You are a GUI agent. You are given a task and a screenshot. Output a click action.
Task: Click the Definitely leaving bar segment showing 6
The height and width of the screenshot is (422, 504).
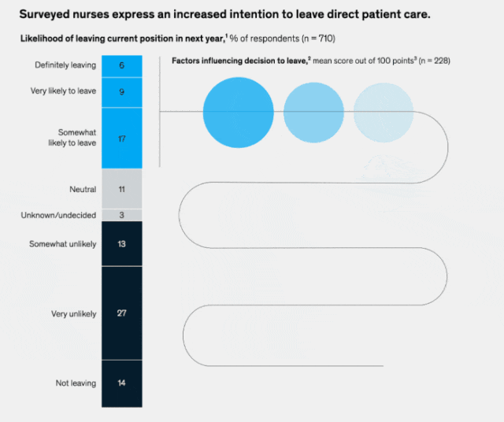(122, 66)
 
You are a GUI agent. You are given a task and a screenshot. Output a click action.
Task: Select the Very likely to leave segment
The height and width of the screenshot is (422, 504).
(122, 92)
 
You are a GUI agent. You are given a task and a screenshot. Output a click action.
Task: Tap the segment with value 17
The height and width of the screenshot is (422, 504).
(122, 139)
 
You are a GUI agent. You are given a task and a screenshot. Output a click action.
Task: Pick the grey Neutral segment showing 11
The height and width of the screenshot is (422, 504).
(122, 189)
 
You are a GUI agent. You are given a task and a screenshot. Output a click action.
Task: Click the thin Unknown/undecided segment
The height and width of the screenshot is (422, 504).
(122, 215)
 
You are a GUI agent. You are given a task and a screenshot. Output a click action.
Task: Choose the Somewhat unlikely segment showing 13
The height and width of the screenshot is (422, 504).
(122, 243)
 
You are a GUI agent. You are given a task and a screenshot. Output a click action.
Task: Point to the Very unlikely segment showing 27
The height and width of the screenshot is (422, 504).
(122, 313)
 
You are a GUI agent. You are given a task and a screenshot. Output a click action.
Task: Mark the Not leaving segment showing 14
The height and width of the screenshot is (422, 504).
(122, 383)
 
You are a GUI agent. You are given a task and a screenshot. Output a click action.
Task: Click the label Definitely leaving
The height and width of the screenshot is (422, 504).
(65, 65)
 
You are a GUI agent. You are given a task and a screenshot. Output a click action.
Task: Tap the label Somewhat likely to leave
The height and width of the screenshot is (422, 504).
(72, 138)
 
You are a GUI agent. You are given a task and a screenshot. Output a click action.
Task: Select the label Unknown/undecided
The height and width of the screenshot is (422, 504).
(58, 215)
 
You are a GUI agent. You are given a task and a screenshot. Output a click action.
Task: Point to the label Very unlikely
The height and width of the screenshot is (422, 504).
(73, 313)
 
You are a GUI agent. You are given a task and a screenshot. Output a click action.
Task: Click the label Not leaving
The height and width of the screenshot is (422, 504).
(76, 383)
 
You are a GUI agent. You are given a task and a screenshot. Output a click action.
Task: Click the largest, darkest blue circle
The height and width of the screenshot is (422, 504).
(238, 113)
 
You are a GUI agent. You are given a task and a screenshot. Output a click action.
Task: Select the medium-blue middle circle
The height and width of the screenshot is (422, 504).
(313, 113)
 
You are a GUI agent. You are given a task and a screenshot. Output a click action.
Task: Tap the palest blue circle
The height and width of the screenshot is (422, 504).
(384, 113)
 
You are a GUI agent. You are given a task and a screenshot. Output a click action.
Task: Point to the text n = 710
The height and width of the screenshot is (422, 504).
(318, 39)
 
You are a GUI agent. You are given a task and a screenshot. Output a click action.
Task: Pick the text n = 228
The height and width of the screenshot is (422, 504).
(435, 61)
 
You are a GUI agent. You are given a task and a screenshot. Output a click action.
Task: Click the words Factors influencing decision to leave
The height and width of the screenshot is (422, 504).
(239, 61)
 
